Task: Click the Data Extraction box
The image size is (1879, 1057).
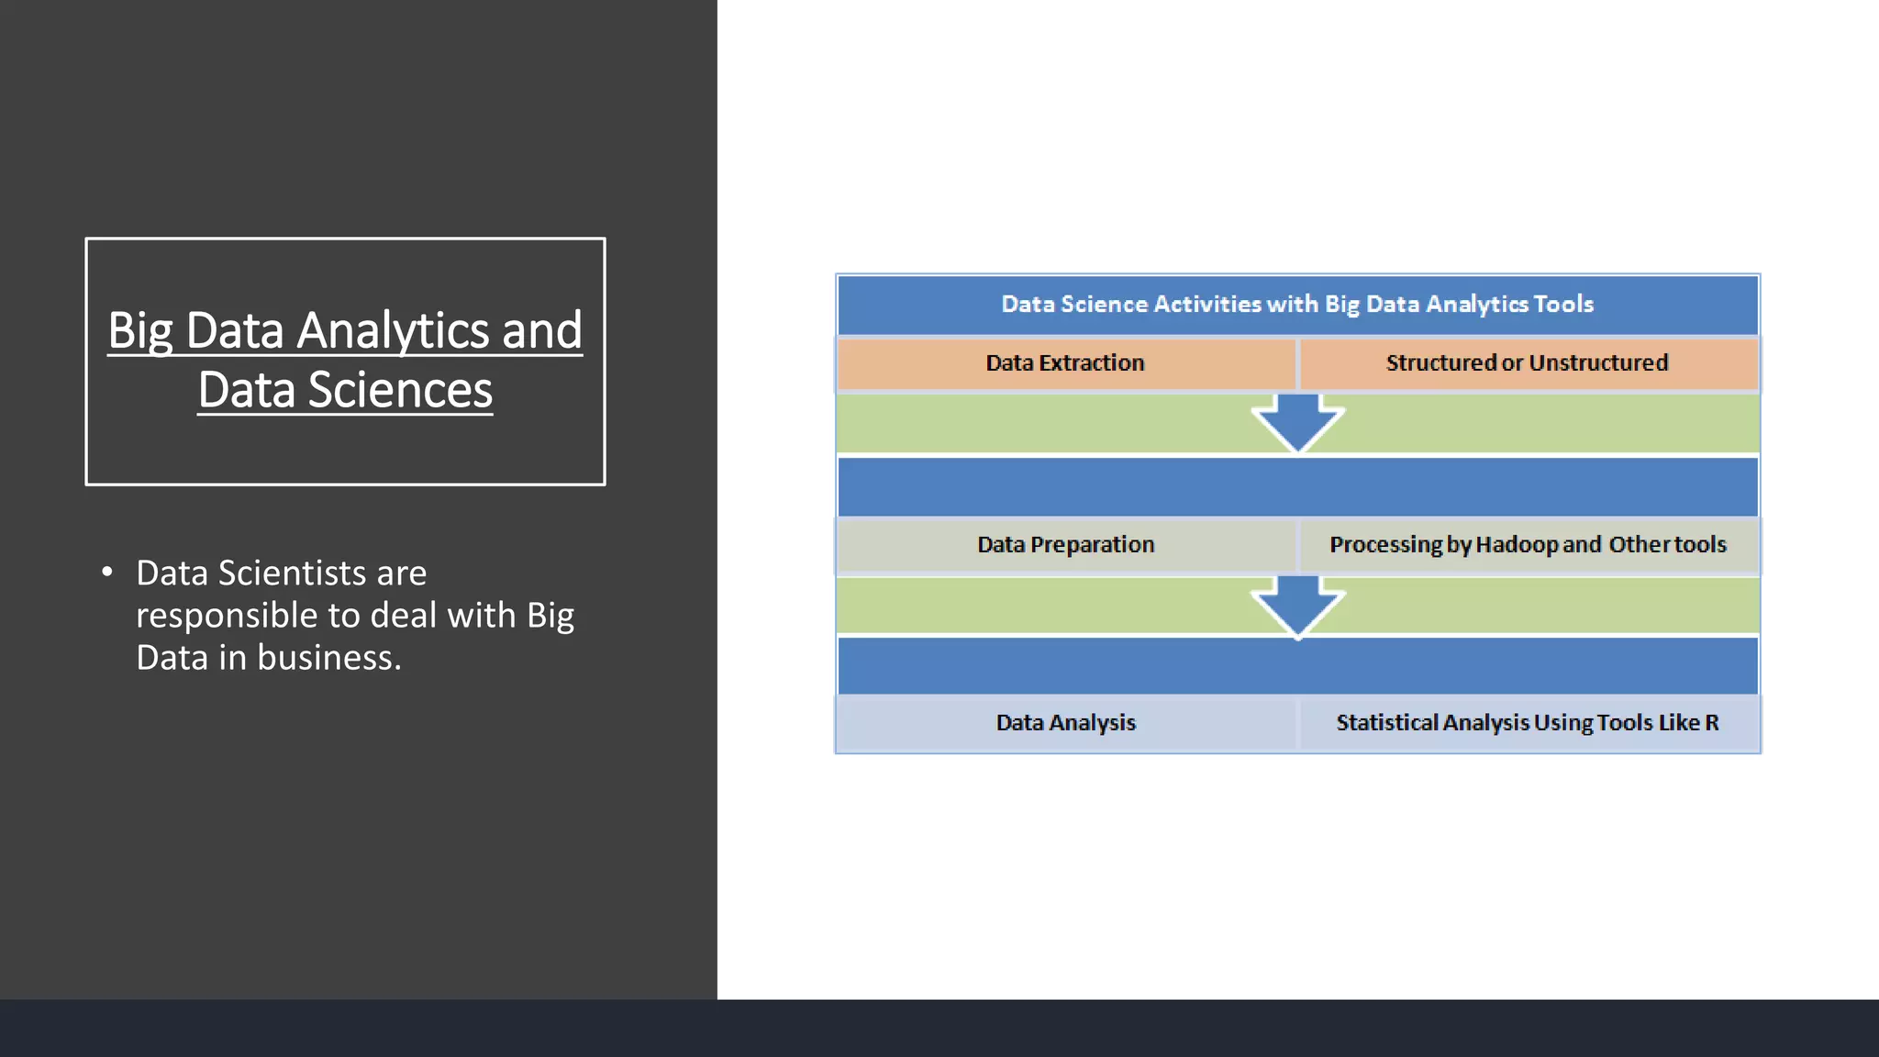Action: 1065,363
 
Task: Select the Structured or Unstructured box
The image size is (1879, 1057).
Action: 1528,363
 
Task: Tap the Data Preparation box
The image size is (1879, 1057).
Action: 1065,545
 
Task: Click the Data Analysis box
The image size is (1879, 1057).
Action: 1065,723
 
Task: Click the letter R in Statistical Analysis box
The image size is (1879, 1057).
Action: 1712,723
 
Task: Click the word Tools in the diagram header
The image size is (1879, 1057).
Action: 1563,305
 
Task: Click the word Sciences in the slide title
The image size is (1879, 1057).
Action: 400,391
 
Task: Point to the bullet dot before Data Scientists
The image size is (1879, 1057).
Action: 107,573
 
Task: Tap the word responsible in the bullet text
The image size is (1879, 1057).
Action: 227,616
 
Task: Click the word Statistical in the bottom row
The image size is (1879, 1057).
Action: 1386,723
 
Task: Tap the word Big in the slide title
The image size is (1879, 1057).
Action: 140,331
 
